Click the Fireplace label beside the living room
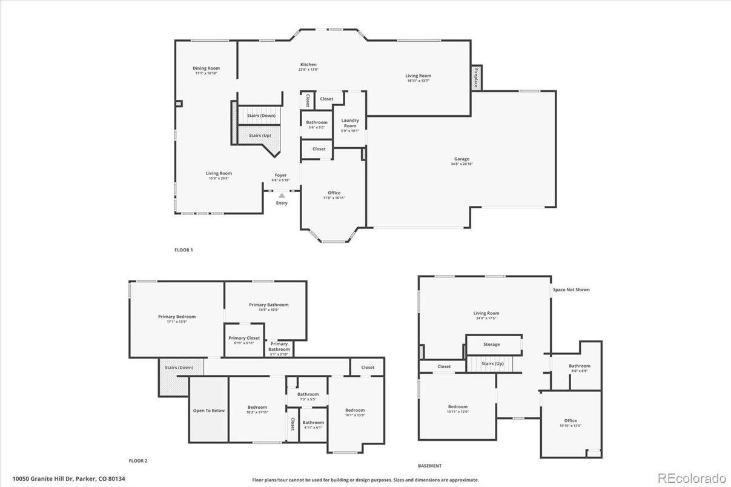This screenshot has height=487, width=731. pyautogui.click(x=476, y=78)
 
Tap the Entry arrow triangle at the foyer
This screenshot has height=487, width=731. pyautogui.click(x=282, y=196)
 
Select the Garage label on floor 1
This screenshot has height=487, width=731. pyautogui.click(x=461, y=159)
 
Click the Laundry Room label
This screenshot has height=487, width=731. pyautogui.click(x=350, y=123)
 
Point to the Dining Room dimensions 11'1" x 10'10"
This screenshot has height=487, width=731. pyautogui.click(x=206, y=73)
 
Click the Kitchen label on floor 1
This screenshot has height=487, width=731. pyautogui.click(x=308, y=65)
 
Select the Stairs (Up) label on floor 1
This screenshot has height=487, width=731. pyautogui.click(x=259, y=135)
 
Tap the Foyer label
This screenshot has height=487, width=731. pyautogui.click(x=280, y=175)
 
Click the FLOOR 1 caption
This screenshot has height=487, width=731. pyautogui.click(x=184, y=250)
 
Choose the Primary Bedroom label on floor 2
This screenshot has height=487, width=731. pyautogui.click(x=177, y=316)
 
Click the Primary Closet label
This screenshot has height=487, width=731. pyautogui.click(x=244, y=338)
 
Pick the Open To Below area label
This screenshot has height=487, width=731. pyautogui.click(x=209, y=411)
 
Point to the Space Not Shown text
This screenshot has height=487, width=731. pyautogui.click(x=571, y=290)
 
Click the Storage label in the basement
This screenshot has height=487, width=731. pyautogui.click(x=492, y=344)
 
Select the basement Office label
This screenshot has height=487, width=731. pyautogui.click(x=571, y=420)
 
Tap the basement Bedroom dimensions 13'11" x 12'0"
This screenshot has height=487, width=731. pyautogui.click(x=458, y=411)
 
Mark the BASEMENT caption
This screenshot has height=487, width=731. pyautogui.click(x=429, y=466)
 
